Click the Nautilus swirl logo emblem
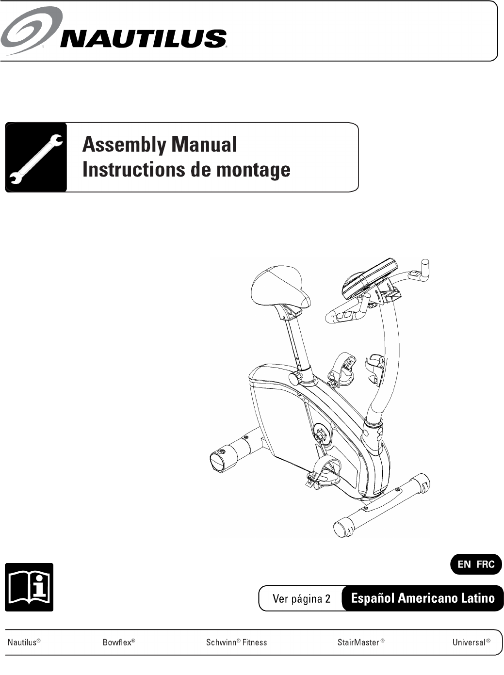coord(31,30)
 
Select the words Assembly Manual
coord(160,145)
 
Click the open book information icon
coord(29,587)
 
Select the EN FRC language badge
coord(475,564)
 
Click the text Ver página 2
coord(301,598)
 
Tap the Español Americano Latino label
coord(423,598)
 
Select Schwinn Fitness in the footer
coord(236,642)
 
